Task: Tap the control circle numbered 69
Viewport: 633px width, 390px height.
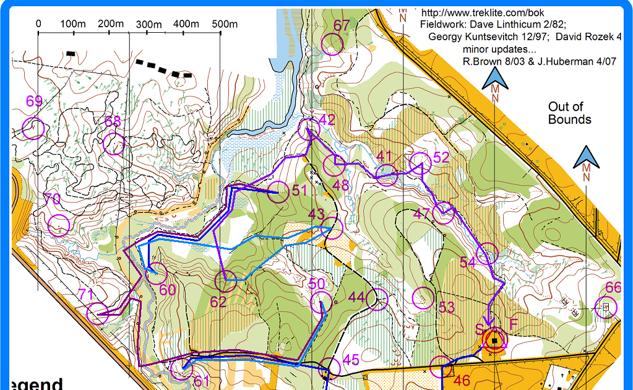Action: [x=33, y=128]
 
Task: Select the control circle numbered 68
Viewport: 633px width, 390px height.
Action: [x=114, y=144]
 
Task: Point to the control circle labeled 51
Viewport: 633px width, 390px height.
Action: [x=279, y=192]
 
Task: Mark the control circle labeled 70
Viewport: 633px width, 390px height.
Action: [x=59, y=225]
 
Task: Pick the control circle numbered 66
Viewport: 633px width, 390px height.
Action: [x=605, y=307]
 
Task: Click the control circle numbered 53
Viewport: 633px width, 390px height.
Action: [x=423, y=298]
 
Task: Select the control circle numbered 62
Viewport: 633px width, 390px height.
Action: [x=225, y=282]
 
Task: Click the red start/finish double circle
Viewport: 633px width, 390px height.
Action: [x=494, y=340]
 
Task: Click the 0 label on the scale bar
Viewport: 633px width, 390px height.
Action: [x=38, y=24]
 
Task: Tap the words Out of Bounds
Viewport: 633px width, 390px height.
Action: [x=569, y=113]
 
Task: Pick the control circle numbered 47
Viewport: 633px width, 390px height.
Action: [x=444, y=214]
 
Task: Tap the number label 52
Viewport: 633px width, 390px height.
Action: [x=441, y=157]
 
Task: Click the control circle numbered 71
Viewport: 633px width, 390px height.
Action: [x=98, y=313]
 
